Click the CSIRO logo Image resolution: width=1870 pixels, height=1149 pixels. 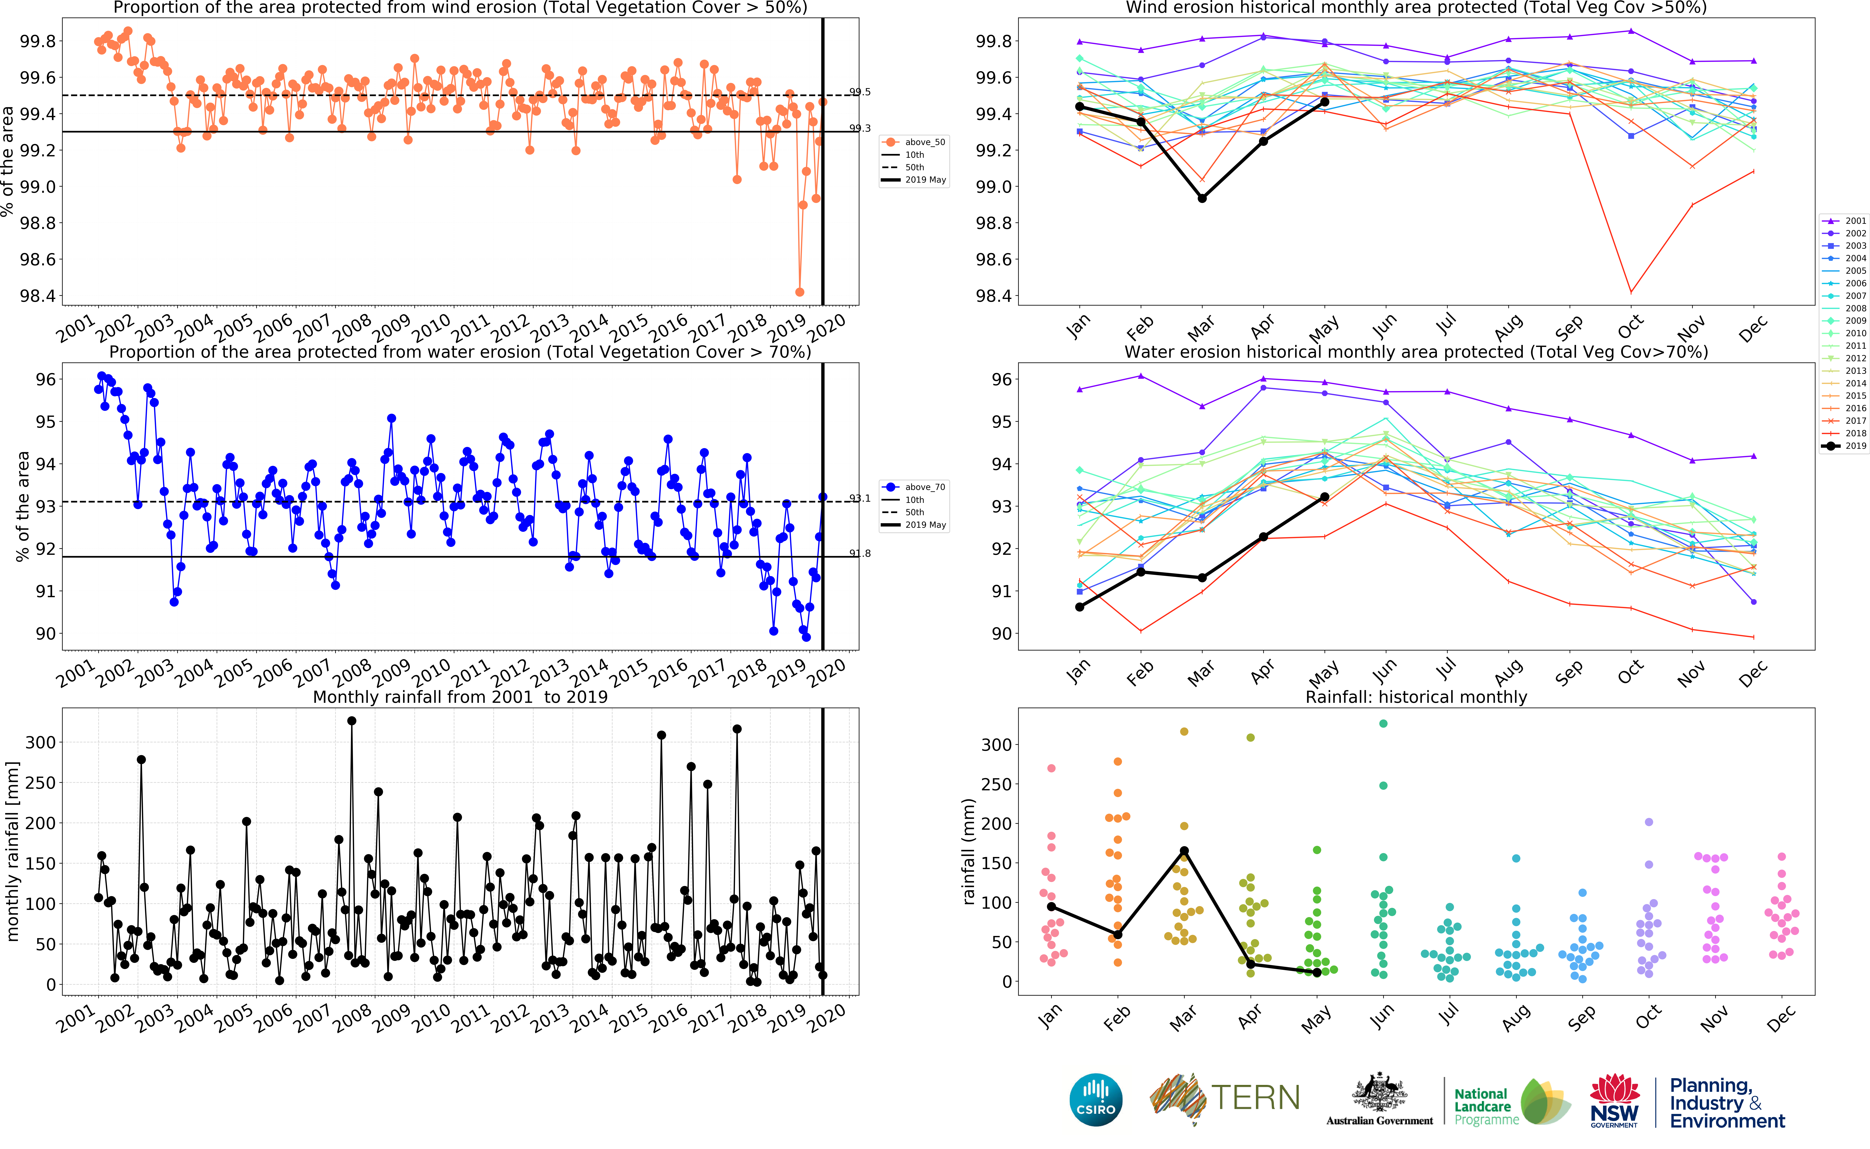coord(1096,1100)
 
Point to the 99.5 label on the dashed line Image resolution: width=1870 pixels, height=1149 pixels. coord(860,92)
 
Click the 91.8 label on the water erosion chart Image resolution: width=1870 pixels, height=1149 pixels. coord(860,553)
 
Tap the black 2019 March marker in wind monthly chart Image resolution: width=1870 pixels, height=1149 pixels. coord(1202,198)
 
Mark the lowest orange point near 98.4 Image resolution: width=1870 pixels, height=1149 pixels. coord(799,292)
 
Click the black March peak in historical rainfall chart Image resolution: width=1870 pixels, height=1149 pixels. coord(1184,851)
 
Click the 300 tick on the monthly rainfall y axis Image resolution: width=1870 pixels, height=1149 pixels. coord(40,742)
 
